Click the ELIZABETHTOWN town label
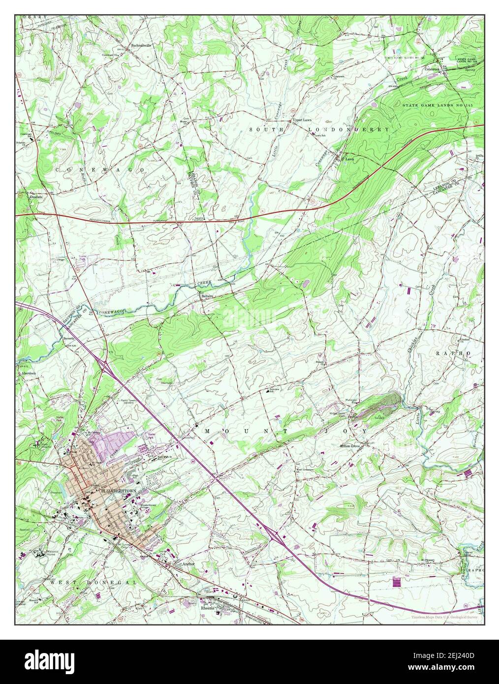pos(118,492)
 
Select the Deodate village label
pos(36,196)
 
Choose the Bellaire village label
pos(206,297)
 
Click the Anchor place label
pos(189,563)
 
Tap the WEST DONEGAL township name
pos(94,582)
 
